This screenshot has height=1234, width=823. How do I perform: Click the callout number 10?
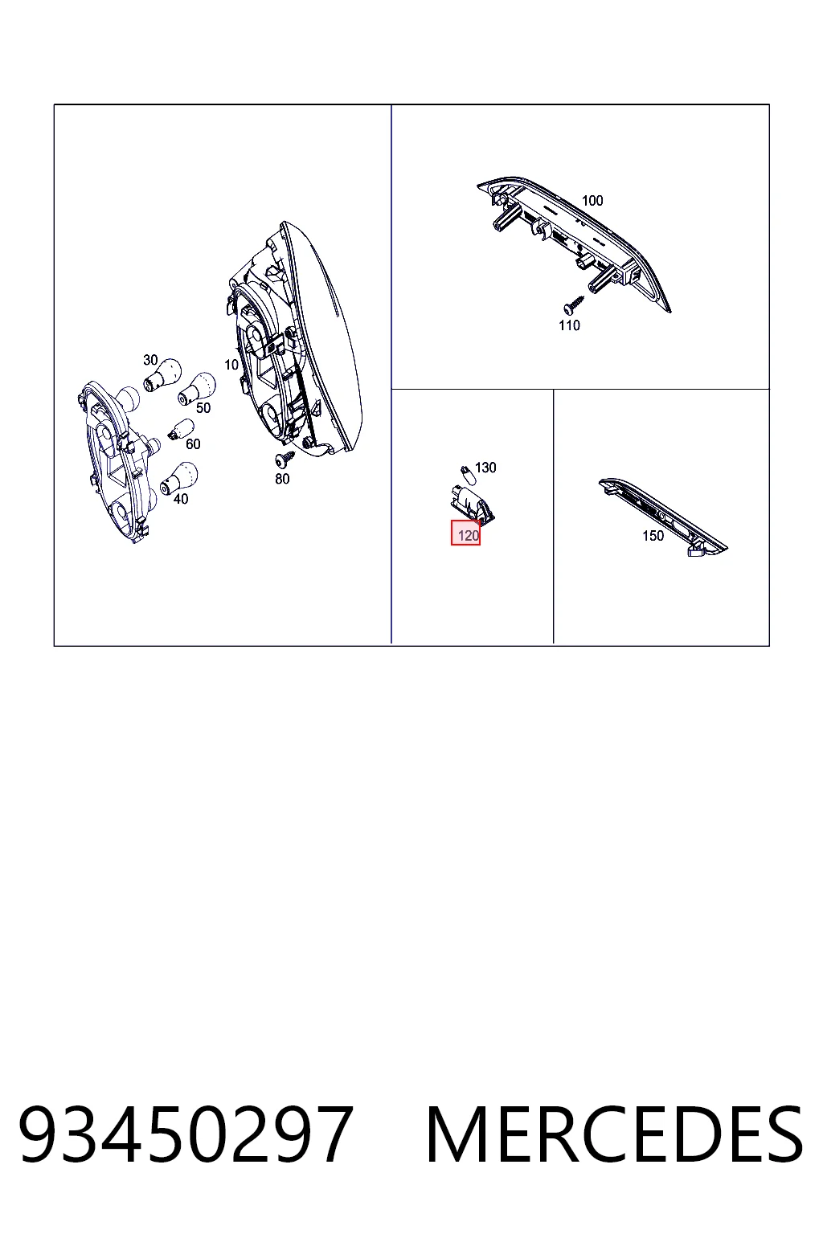(x=231, y=365)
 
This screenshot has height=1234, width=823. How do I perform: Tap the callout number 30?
(x=150, y=360)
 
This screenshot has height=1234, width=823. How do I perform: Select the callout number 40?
(x=181, y=499)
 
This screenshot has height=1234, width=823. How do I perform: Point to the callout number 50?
(x=203, y=407)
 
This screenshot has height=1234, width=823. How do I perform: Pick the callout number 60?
(x=193, y=444)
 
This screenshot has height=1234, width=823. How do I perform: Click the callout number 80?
(x=282, y=480)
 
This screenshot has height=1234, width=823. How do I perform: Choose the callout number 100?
(x=592, y=201)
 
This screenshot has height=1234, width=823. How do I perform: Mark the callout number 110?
(x=570, y=325)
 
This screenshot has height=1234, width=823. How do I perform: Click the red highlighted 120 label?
(x=466, y=533)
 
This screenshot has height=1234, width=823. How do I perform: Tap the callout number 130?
(x=485, y=468)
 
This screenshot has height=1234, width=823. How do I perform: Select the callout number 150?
(x=653, y=536)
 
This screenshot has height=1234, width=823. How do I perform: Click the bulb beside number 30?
(x=162, y=374)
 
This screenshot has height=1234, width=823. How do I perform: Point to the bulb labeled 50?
(x=197, y=387)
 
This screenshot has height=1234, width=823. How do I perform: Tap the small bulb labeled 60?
(x=181, y=429)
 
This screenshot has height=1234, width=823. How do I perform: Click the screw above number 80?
(x=285, y=459)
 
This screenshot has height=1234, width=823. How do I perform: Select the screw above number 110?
(x=574, y=304)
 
